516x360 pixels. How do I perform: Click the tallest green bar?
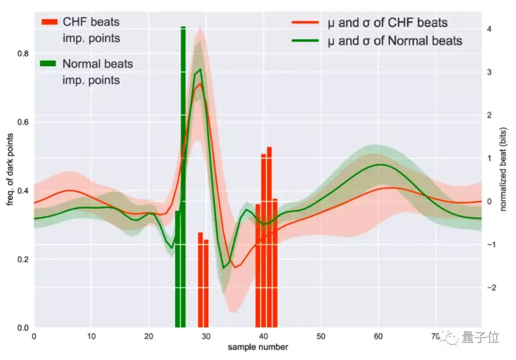tap(183, 177)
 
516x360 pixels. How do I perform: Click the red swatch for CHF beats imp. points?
tap(49, 22)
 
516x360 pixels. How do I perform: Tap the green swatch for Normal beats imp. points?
tap(49, 64)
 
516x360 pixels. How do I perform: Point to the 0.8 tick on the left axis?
tap(23, 54)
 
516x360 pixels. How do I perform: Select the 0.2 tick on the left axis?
tap(23, 260)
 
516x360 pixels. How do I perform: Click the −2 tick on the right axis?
tap(490, 288)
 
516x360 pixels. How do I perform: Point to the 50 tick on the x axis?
tap(321, 336)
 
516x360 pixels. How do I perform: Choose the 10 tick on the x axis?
tap(91, 336)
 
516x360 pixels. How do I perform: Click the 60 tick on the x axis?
tap(378, 336)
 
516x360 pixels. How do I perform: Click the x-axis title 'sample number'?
tap(258, 346)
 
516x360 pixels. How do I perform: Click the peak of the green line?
tap(200, 70)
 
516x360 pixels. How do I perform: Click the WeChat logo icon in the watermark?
tap(451, 338)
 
